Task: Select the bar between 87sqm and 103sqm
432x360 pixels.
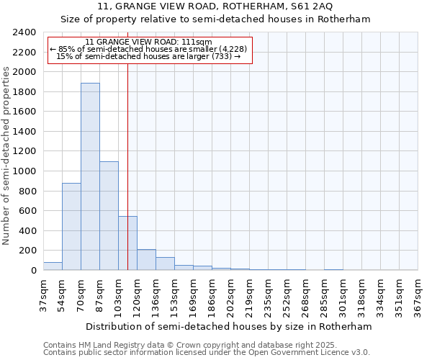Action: tap(109, 216)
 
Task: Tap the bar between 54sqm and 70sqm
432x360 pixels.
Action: tap(71, 227)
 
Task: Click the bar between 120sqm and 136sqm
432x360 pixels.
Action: tap(146, 260)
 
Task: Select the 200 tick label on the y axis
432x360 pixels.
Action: tap(28, 251)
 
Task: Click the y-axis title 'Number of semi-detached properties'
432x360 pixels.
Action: tap(6, 156)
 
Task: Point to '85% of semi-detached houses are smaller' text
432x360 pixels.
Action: tap(148, 49)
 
